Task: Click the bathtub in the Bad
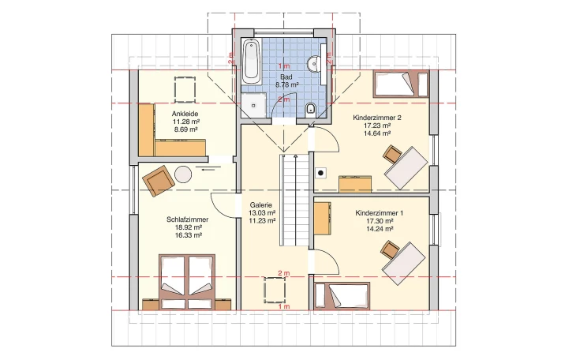(251, 61)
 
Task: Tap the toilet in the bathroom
(311, 108)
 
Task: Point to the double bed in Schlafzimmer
(187, 281)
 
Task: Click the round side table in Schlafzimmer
(183, 174)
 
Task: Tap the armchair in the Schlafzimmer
(158, 181)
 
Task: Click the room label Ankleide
(185, 114)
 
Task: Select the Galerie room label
(261, 205)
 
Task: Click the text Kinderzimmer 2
(377, 118)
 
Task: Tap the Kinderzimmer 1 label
(380, 213)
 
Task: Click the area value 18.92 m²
(188, 227)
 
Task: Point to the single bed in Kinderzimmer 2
(401, 84)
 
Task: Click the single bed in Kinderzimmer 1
(342, 296)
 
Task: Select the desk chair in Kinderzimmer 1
(390, 249)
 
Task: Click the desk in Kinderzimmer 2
(406, 168)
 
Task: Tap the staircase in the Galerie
(294, 201)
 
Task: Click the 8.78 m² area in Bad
(287, 84)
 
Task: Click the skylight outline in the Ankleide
(185, 90)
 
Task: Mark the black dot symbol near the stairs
(320, 173)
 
